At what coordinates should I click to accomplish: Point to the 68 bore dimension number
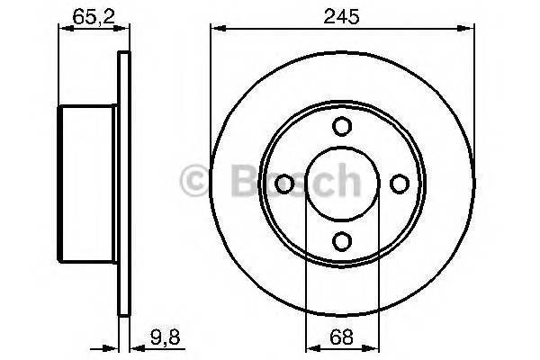341,340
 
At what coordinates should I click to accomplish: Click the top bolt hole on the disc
341,127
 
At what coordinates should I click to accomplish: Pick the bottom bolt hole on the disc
341,240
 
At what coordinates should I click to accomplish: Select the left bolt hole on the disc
284,184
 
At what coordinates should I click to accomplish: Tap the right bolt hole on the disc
398,184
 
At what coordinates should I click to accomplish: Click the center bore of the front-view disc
341,184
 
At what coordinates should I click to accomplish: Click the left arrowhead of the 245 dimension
216,27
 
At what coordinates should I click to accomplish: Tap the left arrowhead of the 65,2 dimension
63,27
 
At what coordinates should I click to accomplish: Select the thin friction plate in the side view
124,184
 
